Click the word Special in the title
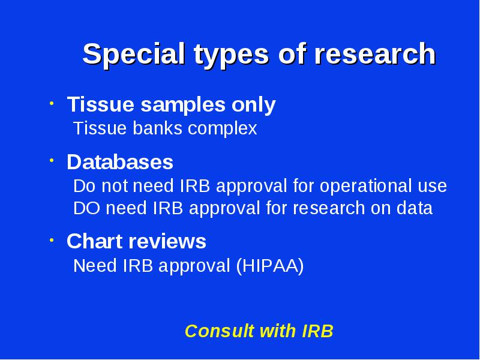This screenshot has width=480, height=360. [134, 54]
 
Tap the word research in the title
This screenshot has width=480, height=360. [376, 53]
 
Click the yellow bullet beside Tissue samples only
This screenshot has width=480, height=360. [52, 103]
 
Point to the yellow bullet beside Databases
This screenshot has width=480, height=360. [52, 160]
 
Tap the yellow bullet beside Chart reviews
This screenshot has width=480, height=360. [52, 240]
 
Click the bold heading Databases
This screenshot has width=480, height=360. [120, 161]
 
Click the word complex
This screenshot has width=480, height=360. [223, 129]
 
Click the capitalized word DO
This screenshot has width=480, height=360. [86, 208]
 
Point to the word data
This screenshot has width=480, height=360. [415, 208]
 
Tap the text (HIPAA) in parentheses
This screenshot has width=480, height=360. [270, 266]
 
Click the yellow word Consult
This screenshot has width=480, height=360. [220, 331]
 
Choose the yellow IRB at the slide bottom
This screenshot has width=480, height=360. [317, 331]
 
